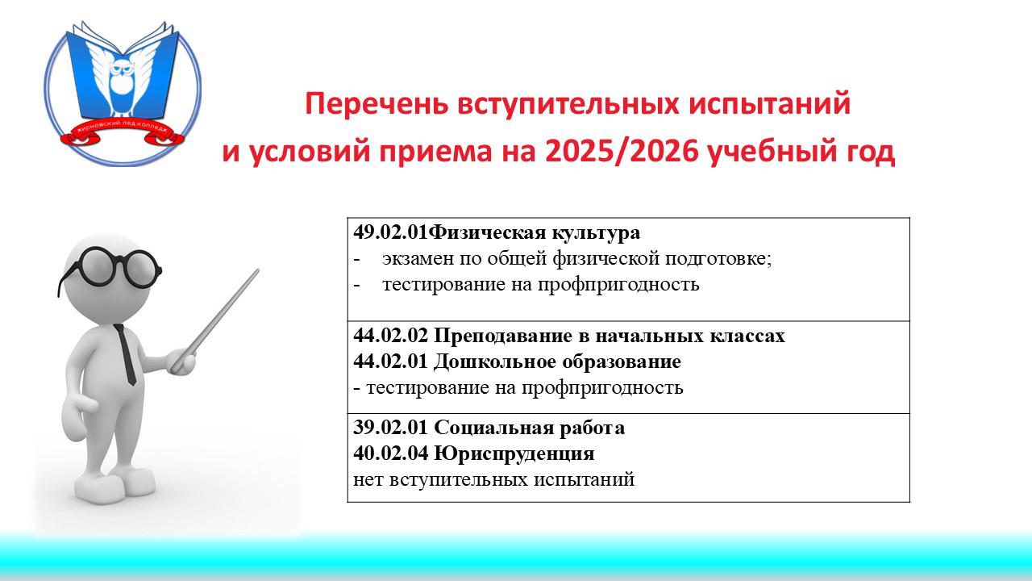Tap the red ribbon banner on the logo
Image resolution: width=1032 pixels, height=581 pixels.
pos(123,133)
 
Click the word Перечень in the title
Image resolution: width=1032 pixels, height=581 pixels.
pos(377,103)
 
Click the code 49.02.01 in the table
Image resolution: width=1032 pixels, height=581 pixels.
pos(391,232)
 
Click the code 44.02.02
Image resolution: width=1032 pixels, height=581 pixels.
pos(391,336)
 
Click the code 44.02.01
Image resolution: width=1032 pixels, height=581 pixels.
pos(391,362)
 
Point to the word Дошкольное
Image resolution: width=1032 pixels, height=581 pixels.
pos(495,362)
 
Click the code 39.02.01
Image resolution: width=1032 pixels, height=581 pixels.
pos(391,428)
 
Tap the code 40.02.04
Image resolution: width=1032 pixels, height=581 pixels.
pos(391,454)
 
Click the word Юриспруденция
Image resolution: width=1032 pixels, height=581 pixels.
pos(514,454)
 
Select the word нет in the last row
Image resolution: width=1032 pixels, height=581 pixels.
pos(368,480)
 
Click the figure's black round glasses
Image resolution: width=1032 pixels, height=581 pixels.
pos(110,269)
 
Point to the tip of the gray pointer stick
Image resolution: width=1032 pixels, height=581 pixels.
pos(258,270)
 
